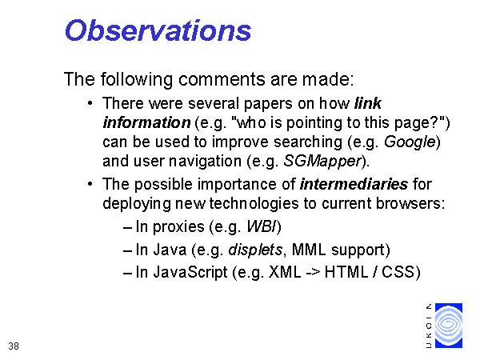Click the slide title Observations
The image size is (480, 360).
[158, 30]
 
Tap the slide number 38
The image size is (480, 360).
[14, 346]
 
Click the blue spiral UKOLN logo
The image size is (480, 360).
[449, 326]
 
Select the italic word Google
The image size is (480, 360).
[410, 142]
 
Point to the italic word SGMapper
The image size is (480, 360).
[322, 162]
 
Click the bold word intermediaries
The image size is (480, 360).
[354, 184]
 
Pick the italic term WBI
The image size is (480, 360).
[261, 227]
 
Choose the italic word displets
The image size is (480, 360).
[255, 250]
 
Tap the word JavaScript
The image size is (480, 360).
[190, 272]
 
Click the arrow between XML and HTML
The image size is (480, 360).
[313, 273]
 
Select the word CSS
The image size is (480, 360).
[398, 272]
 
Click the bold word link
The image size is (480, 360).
[368, 103]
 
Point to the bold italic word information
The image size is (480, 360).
[146, 122]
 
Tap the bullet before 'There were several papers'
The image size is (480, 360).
[90, 103]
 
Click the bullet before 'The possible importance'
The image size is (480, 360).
[90, 184]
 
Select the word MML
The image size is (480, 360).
[309, 250]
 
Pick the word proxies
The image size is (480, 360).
[178, 227]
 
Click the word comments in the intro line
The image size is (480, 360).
[222, 79]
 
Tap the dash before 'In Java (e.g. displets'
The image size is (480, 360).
[127, 250]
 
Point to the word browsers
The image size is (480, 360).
[410, 203]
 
